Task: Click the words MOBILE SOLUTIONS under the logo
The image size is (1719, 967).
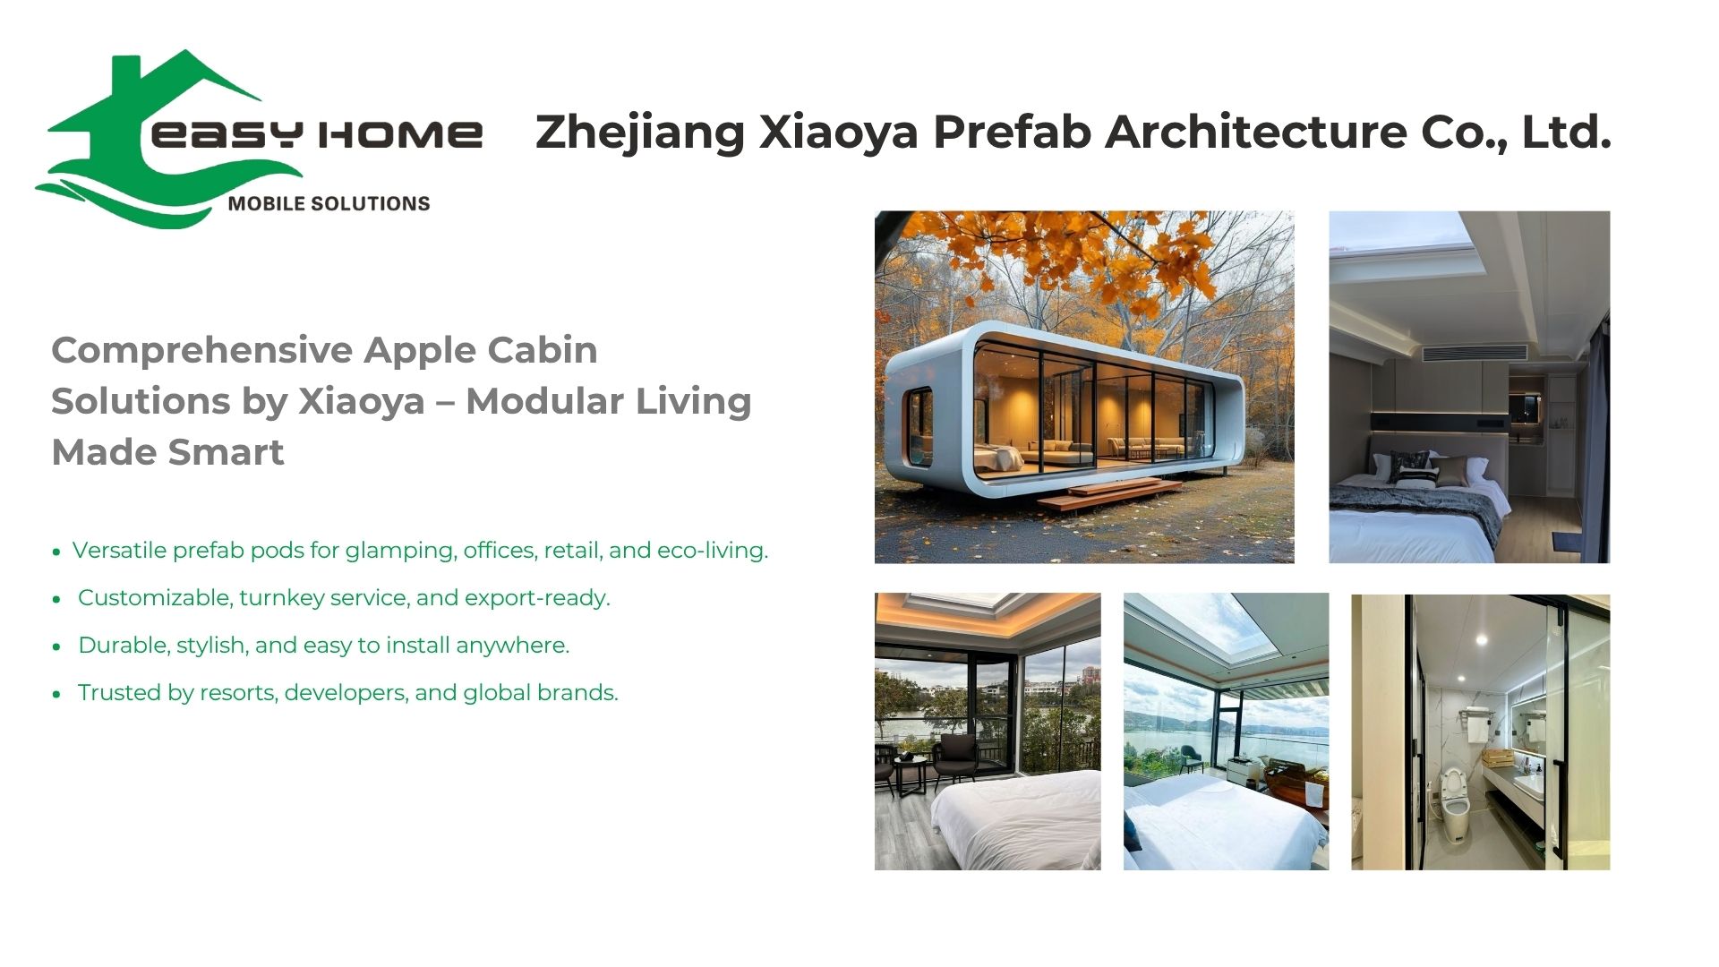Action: [x=329, y=203]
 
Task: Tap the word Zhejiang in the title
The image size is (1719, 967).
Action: [x=640, y=133]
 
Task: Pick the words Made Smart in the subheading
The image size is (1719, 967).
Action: [x=167, y=452]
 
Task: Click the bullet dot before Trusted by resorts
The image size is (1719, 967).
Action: [x=56, y=694]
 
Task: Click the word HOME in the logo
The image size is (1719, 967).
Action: [x=400, y=134]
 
